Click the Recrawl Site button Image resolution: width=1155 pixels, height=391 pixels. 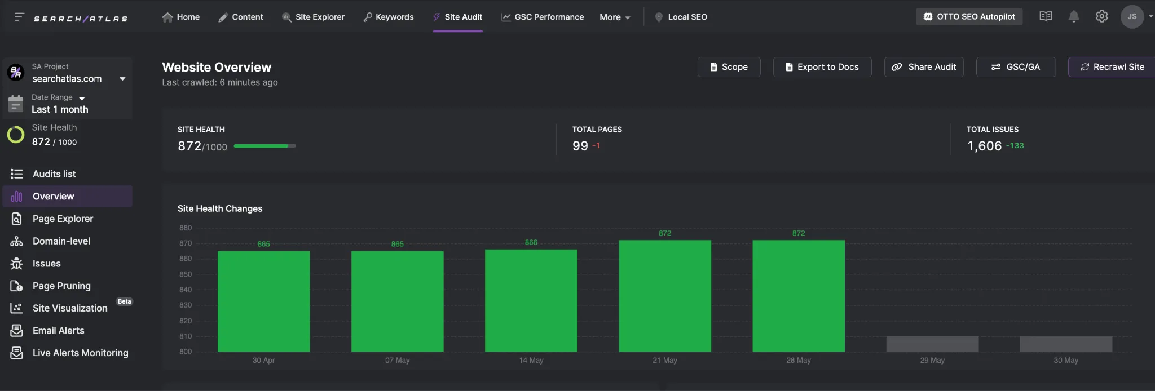(x=1112, y=67)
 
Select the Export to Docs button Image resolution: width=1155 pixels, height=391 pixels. (x=822, y=67)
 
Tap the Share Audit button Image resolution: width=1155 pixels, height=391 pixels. (x=924, y=67)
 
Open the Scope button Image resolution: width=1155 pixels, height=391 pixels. (x=729, y=67)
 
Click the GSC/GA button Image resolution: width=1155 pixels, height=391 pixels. (x=1016, y=67)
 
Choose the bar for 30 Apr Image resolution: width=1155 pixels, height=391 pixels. (x=263, y=301)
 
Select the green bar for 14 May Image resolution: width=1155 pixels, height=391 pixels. (x=531, y=301)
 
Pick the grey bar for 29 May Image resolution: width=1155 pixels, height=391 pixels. (x=932, y=344)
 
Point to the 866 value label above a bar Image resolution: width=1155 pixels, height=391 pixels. (x=531, y=242)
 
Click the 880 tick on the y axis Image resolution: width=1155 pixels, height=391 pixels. (x=186, y=228)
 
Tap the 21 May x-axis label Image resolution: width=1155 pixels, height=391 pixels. (x=665, y=361)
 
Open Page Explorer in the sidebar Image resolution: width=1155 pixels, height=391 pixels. (x=63, y=219)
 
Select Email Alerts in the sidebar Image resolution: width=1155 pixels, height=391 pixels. (x=58, y=331)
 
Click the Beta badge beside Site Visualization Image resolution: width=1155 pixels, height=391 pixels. (x=124, y=301)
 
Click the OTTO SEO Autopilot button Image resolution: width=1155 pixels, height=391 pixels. (x=969, y=17)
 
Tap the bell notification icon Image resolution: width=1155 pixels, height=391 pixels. (x=1074, y=17)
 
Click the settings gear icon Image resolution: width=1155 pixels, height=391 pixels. (x=1101, y=17)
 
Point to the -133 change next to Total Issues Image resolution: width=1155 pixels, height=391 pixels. (x=1015, y=145)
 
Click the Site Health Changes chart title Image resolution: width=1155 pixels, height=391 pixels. (x=220, y=208)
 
